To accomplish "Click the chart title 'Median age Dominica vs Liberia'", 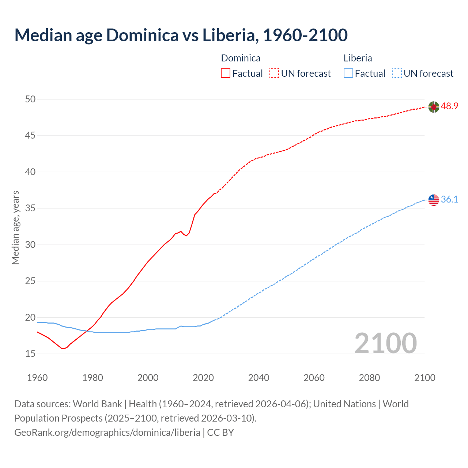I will (181, 35).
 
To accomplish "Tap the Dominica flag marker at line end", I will (434, 107).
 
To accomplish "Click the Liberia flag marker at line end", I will (434, 200).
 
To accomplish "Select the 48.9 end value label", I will (449, 106).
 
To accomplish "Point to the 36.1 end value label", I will (449, 200).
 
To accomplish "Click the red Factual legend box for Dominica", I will (226, 73).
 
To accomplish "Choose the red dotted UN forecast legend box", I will (274, 73).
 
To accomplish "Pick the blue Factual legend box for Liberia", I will (348, 73).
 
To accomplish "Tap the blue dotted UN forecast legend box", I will (397, 73).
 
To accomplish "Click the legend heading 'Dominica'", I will (241, 58).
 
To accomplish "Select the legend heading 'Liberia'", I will (358, 58).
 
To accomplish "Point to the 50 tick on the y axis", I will (31, 99).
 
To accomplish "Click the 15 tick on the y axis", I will (31, 354).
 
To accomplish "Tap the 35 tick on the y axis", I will (31, 208).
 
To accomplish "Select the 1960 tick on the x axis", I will (37, 378).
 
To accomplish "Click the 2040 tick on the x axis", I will (258, 378).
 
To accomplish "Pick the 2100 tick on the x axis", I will (424, 378).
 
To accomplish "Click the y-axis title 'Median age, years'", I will (15, 227).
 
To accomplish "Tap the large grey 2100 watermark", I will (385, 343).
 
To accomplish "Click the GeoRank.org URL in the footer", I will (107, 433).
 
